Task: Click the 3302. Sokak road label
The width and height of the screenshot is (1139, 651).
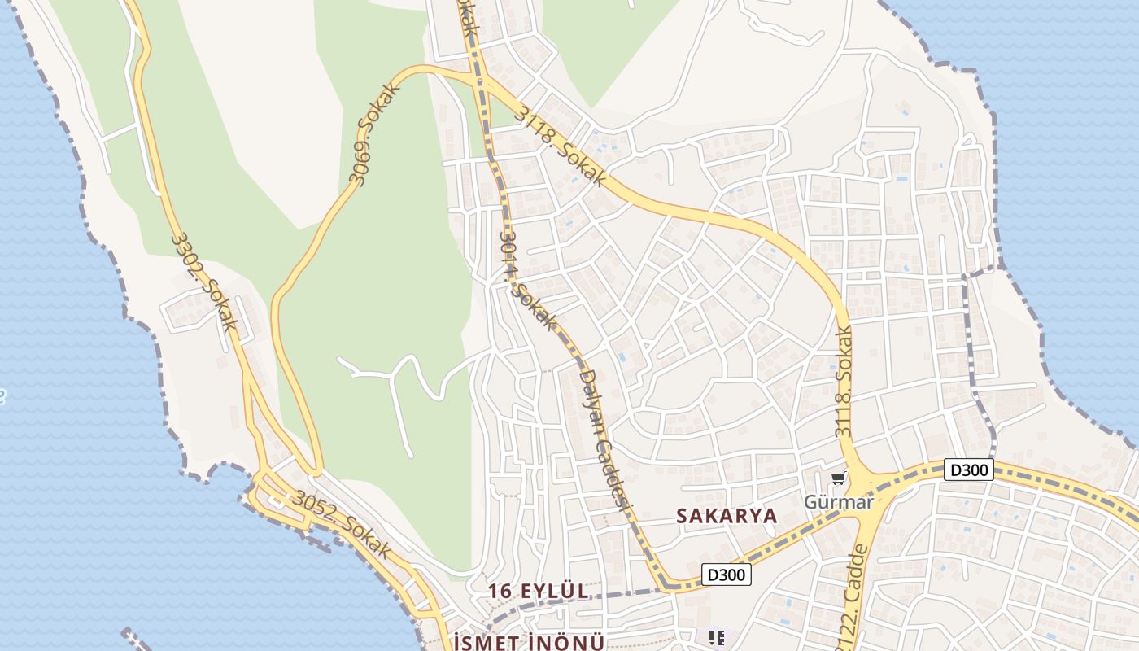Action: pos(204,282)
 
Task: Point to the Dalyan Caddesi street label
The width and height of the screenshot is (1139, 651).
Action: pos(604,439)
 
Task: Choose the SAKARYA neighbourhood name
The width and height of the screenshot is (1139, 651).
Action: pos(727,516)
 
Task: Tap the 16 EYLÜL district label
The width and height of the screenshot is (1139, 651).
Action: pos(537,591)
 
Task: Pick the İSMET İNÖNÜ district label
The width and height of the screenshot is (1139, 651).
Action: pos(529,642)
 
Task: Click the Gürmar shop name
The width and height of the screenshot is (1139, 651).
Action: pos(839,501)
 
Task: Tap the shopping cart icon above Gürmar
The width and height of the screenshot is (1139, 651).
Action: pos(838,478)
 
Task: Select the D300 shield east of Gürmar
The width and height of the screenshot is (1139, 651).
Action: pos(969,470)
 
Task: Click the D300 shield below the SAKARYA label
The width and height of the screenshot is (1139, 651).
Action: pos(726,575)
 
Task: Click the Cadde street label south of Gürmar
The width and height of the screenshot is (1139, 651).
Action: pos(851,593)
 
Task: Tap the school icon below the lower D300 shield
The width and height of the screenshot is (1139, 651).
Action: pos(717,637)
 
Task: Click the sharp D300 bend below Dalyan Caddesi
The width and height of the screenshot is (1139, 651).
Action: pos(666,583)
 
